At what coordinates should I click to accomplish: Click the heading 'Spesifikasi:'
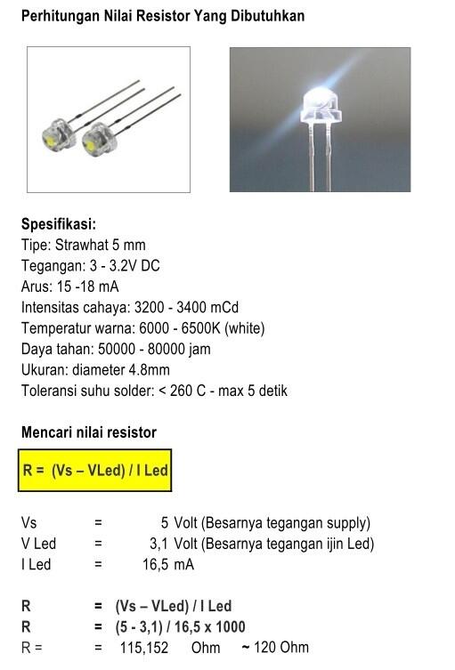pos(58,224)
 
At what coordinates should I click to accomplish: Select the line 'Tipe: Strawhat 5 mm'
pos(83,245)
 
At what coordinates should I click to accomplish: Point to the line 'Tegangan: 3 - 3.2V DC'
pos(90,266)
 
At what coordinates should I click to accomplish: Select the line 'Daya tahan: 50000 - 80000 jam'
pos(116,349)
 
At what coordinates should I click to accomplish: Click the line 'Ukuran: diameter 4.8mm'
pos(95,370)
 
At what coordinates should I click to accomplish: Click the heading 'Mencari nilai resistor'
pos(89,432)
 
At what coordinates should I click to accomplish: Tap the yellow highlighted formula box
pos(94,470)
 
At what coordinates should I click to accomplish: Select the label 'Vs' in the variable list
pos(29,523)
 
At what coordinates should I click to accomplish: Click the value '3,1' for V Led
pos(159,544)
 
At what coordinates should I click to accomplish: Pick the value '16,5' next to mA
pos(157,564)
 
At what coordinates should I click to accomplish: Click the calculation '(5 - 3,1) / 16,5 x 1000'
pos(180,627)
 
